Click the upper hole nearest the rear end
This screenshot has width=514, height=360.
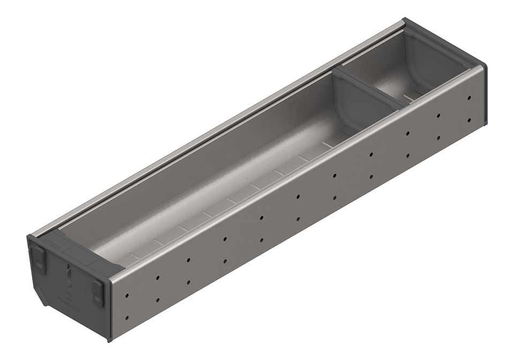click(x=469, y=98)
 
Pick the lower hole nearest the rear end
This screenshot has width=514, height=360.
click(x=470, y=120)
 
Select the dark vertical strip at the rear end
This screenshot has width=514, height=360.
click(x=484, y=96)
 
